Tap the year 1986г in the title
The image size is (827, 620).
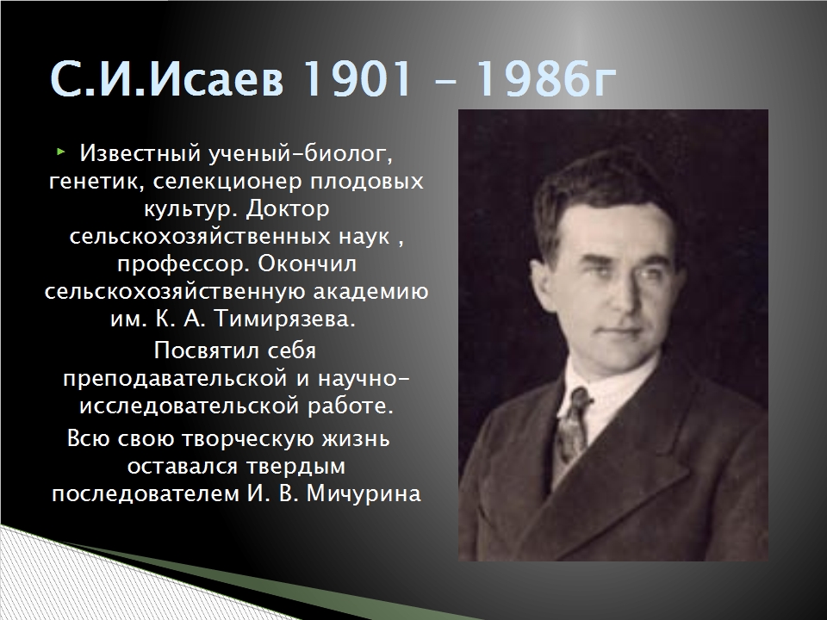(546, 79)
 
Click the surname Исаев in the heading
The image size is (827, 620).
(216, 79)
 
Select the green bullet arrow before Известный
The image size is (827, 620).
(60, 152)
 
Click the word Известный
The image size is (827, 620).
(140, 153)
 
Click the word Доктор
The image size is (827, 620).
(288, 208)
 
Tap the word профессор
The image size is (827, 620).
(183, 264)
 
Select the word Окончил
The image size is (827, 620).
(308, 263)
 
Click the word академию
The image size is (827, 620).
(370, 292)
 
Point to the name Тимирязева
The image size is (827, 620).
(285, 320)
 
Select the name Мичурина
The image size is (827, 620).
(364, 494)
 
